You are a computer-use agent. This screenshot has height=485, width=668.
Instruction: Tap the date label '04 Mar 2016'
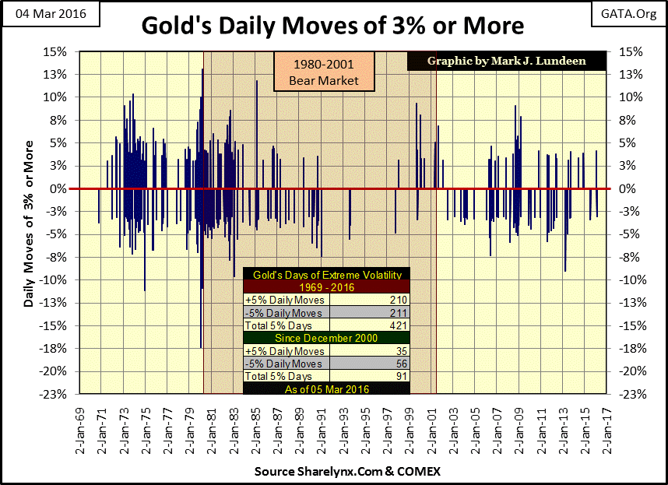45,14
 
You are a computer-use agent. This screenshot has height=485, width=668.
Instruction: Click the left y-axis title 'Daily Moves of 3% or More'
29,223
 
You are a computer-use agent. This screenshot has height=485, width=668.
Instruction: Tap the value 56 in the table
402,364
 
